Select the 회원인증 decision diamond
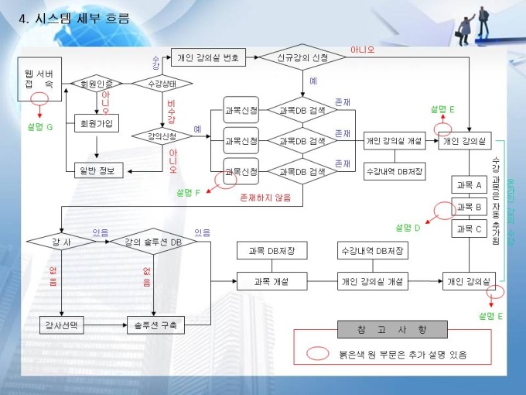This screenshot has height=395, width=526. coord(96,83)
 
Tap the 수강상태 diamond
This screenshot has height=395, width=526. coord(162,83)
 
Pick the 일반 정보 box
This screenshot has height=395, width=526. coord(96,170)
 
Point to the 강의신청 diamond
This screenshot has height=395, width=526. coord(160,136)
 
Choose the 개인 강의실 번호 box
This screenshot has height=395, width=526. coord(208,57)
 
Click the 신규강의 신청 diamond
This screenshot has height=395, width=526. coord(302,57)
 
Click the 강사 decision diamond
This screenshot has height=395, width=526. coord(60,242)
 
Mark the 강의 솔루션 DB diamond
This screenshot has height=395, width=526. coord(154,242)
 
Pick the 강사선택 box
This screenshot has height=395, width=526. coord(61,325)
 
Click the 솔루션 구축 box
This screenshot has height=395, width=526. coord(154,325)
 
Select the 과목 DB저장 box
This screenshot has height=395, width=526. coord(272,251)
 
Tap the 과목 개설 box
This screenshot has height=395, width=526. coord(272,281)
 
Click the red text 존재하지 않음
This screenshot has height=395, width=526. coord(266,197)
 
